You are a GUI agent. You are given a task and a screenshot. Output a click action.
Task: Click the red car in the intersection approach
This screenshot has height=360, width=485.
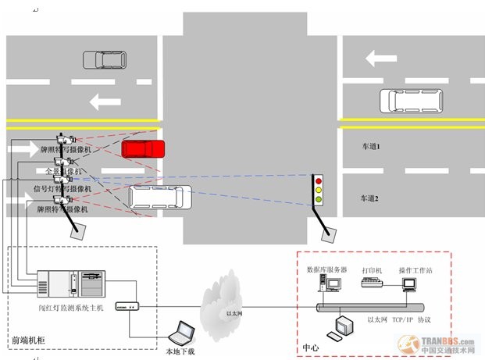pyautogui.click(x=143, y=149)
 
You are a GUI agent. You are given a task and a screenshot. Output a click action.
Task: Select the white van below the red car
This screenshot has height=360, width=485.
pyautogui.click(x=159, y=198)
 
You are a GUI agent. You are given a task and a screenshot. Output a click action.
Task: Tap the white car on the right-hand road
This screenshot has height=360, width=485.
pyautogui.click(x=408, y=101)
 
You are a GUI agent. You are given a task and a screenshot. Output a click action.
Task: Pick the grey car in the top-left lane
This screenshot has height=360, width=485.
pyautogui.click(x=103, y=59)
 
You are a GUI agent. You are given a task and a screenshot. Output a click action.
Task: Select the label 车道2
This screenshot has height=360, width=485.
pyautogui.click(x=370, y=198)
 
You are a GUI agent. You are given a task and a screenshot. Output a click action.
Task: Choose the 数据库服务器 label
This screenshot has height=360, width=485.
pyautogui.click(x=326, y=270)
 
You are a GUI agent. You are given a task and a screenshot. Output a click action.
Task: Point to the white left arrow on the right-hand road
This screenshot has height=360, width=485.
pyautogui.click(x=381, y=58)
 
